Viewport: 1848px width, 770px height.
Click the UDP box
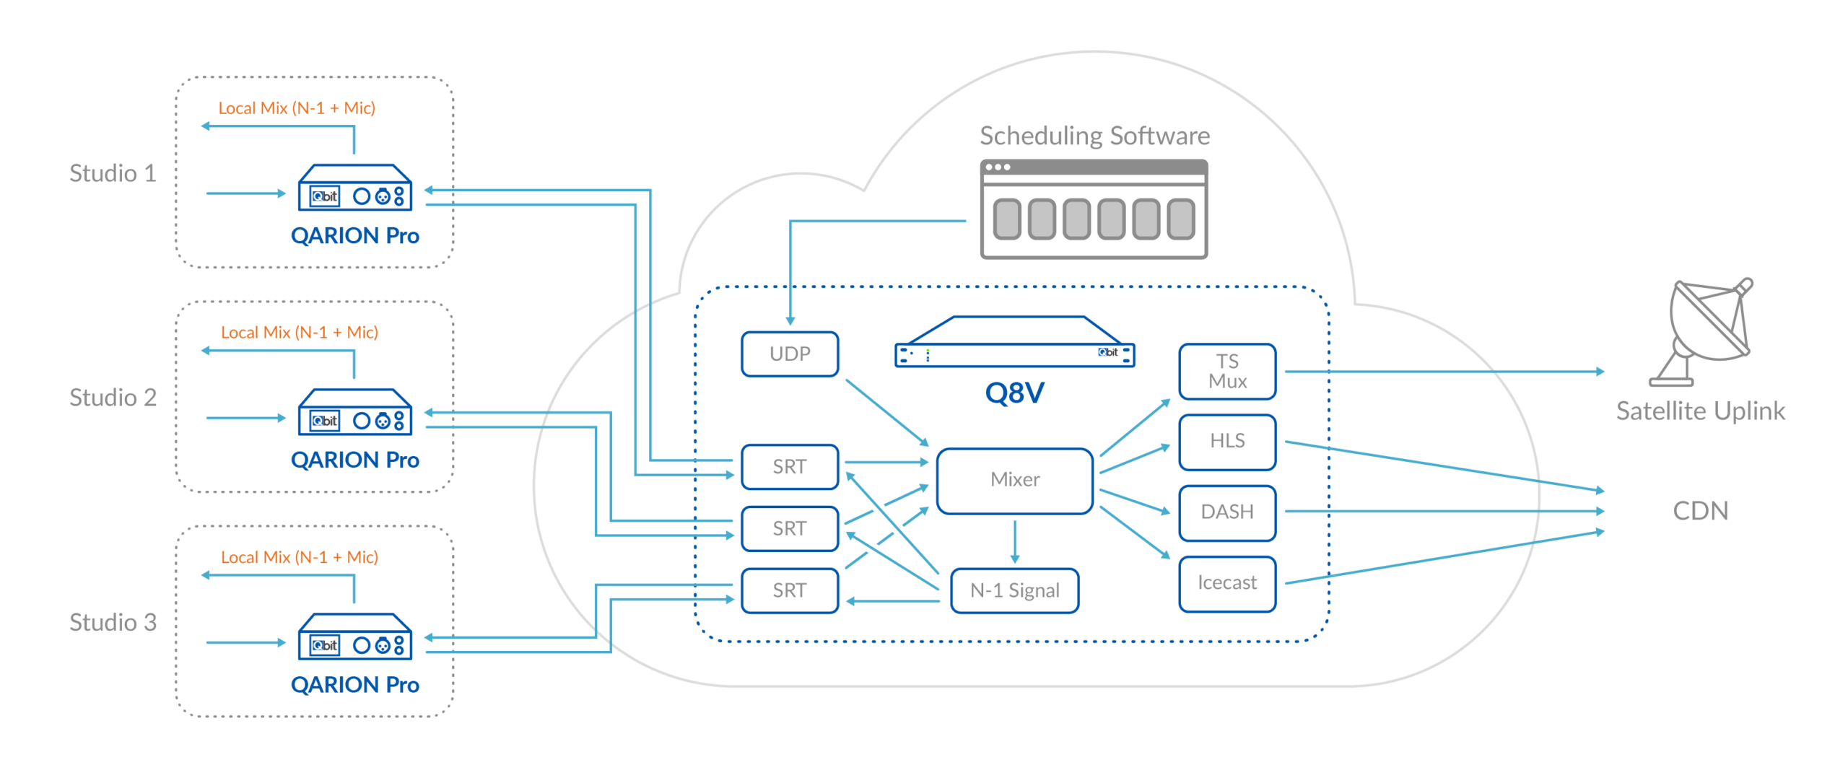790,354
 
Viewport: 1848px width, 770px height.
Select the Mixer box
1014,480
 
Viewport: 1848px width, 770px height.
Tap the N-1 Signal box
1014,590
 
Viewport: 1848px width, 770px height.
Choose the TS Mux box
1227,371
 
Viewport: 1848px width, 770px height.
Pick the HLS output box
1227,441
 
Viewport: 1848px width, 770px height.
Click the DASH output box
1227,512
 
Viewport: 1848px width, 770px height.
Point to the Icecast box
1227,583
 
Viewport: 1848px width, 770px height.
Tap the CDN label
1700,511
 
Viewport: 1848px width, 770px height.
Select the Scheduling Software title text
1094,136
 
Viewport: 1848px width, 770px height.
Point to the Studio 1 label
113,173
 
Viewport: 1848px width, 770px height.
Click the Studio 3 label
113,622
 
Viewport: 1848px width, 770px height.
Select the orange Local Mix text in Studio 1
297,108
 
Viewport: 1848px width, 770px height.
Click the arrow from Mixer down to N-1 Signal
1015,541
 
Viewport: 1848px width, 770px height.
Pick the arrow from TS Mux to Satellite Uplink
1444,372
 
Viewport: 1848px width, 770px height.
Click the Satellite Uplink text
1700,411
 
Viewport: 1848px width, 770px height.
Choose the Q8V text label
1014,393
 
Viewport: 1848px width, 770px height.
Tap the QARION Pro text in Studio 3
355,684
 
